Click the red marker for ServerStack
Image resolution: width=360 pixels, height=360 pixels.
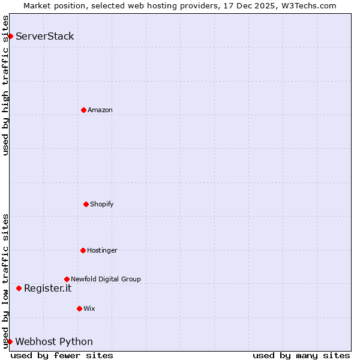coord(10,36)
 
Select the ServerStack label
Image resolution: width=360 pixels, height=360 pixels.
coord(45,36)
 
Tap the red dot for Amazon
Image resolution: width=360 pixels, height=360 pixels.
coord(83,110)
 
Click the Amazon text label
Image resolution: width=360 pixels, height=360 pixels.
coord(100,110)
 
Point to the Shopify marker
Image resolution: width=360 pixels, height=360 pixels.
coord(86,204)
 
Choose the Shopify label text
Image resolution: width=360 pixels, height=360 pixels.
coord(102,204)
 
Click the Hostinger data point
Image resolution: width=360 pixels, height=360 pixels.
coord(83,250)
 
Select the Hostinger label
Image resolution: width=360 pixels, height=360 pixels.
coord(103,250)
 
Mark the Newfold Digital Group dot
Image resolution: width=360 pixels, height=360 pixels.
coord(67,279)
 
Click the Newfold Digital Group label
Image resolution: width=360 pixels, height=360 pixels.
coord(106,279)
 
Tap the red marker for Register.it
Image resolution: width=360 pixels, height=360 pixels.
coord(19,288)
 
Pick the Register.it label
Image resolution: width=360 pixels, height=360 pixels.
coord(47,288)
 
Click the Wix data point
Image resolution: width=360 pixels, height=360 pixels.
coord(79,308)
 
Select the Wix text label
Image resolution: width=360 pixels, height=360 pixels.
coord(89,308)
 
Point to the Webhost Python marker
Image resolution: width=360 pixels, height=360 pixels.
coord(10,341)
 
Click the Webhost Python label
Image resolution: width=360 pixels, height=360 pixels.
coord(54,341)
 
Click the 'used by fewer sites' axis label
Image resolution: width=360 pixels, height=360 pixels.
coord(62,355)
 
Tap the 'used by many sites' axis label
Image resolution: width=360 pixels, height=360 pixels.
coord(301,355)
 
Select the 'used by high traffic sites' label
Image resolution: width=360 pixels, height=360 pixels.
coord(5,85)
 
